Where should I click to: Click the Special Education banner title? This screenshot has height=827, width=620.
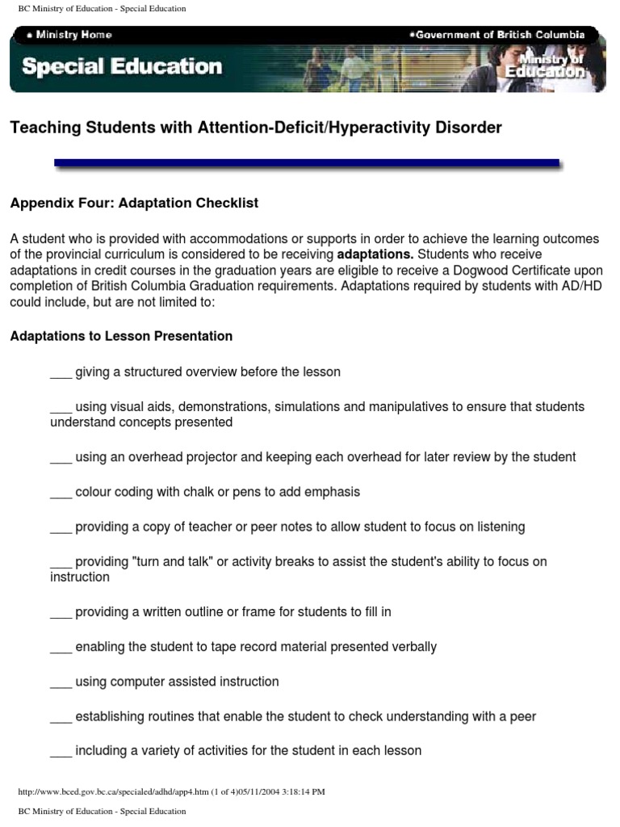pos(122,66)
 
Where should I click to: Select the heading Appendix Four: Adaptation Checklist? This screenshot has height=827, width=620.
pos(134,203)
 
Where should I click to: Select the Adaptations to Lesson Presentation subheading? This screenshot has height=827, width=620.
pos(121,336)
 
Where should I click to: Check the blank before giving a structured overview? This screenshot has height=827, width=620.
pos(61,373)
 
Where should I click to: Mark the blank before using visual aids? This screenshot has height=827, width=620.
pos(61,408)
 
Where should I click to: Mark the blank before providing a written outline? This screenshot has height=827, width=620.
pos(61,613)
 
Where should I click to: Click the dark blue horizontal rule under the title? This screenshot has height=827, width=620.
pos(307,163)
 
